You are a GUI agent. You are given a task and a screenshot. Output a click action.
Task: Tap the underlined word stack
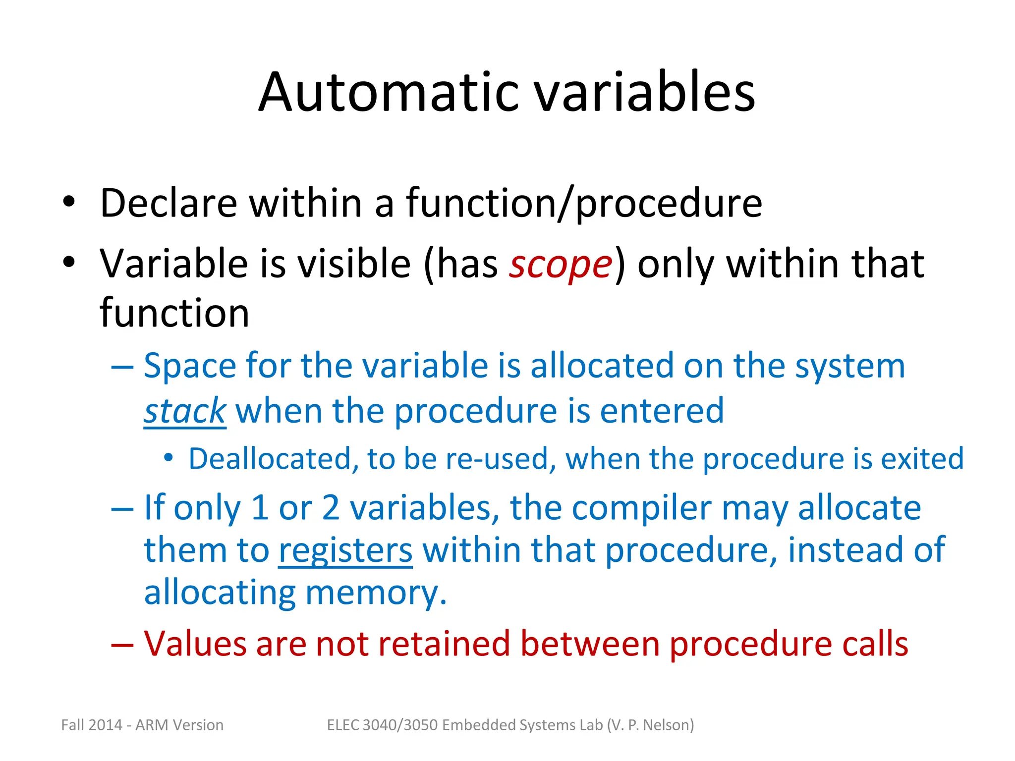point(185,411)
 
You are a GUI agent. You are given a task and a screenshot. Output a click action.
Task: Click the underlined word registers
point(345,550)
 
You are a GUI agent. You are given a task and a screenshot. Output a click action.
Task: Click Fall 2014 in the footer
point(92,725)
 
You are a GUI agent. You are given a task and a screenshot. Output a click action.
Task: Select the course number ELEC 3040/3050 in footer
point(382,725)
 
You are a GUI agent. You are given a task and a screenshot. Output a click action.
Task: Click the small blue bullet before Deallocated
point(169,458)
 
